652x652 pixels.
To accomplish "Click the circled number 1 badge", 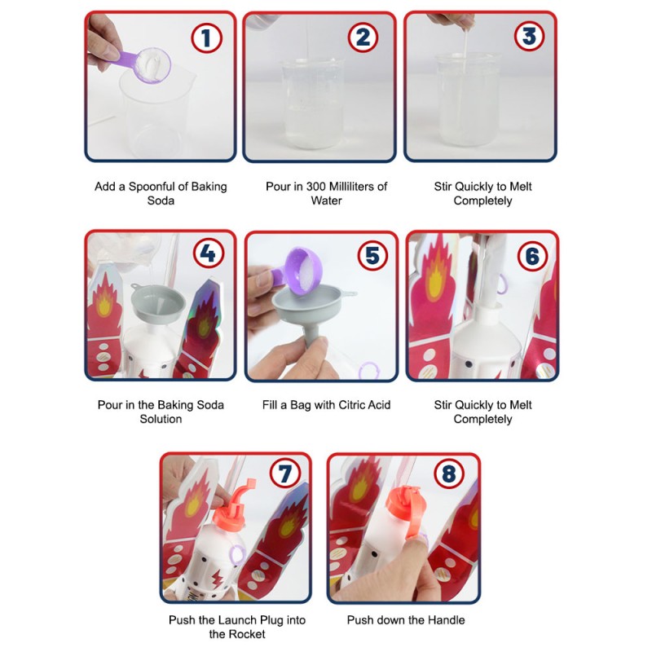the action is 207,37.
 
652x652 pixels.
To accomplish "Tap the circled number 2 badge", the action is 363,37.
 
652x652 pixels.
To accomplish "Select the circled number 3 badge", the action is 529,36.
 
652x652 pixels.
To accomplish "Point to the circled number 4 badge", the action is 209,253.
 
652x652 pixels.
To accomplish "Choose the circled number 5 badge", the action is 373,255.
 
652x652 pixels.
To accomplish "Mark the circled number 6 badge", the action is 533,256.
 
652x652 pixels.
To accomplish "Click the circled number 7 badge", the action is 284,474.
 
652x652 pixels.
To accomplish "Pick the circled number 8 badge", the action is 450,474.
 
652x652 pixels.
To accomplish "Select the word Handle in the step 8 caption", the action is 445,620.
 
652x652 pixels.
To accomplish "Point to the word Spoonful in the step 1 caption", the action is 152,187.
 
